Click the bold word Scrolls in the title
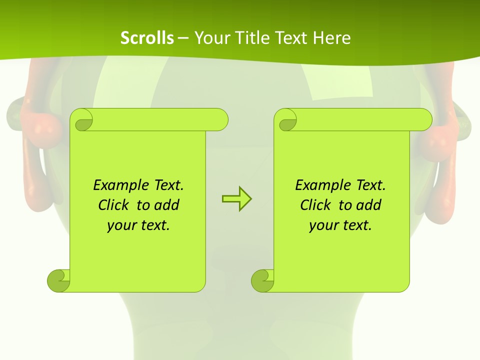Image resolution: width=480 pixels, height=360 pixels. (147, 38)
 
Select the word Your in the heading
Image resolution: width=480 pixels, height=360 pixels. (210, 38)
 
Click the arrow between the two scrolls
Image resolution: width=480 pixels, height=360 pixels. (236, 199)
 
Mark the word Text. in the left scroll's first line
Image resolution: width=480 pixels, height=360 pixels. (167, 185)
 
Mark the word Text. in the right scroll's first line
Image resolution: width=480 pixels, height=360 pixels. (369, 185)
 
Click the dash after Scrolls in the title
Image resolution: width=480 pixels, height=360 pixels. (183, 38)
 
